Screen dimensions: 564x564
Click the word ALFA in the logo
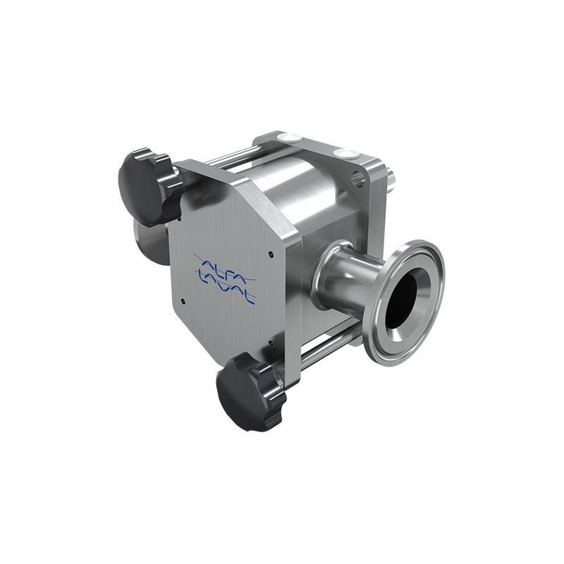click(x=224, y=266)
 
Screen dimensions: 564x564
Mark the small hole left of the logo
click(x=183, y=300)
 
